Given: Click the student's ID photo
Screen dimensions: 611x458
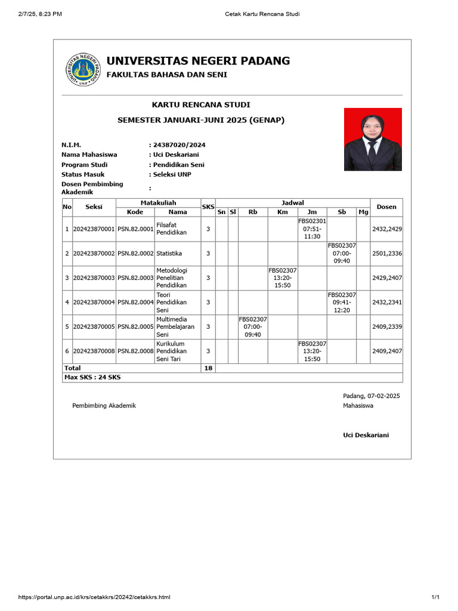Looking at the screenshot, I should pos(373,139).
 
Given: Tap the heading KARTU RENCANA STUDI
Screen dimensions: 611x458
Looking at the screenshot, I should pos(201,104).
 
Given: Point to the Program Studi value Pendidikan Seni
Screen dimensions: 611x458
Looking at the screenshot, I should pos(178,165).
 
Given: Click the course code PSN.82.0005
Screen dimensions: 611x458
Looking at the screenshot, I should pos(135,327).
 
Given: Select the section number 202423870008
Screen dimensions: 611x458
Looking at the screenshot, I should pos(94,351).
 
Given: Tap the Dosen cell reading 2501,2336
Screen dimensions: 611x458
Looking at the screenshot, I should pos(386,254).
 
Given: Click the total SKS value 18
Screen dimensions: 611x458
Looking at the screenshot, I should pos(208,368).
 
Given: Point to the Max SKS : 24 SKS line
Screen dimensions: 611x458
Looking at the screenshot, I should pos(92,377).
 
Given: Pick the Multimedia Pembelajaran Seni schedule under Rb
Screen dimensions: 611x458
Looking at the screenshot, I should pos(253,327).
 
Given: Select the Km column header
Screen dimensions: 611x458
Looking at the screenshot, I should pos(283,212).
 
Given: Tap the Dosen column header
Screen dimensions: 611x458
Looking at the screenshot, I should pos(386,207).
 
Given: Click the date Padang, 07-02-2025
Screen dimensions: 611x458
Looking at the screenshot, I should pos(371,396).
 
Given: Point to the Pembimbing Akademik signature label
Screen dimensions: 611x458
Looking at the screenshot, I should pos(104,406).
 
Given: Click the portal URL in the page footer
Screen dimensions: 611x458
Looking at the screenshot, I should pos(94,597).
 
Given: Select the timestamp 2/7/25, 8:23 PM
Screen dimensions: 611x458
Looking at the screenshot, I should pos(40,14).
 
